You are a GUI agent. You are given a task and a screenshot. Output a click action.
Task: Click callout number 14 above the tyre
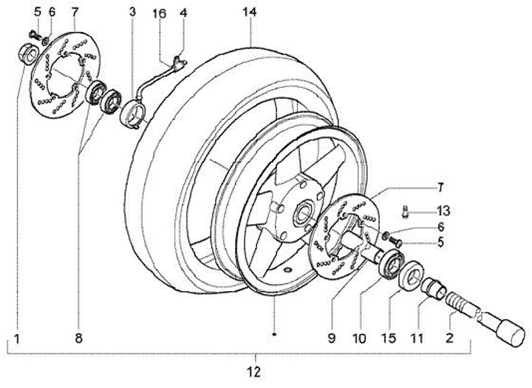pyautogui.click(x=250, y=13)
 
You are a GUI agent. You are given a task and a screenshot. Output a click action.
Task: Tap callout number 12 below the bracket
pyautogui.click(x=254, y=372)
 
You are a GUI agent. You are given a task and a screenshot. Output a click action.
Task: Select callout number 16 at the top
pyautogui.click(x=159, y=13)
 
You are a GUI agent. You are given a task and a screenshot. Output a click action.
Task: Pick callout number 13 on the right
pyautogui.click(x=443, y=211)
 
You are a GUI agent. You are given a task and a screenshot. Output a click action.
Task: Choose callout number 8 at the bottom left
pyautogui.click(x=78, y=338)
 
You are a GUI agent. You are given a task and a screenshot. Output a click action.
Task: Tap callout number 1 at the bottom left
pyautogui.click(x=16, y=338)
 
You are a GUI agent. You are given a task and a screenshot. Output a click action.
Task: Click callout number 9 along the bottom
pyautogui.click(x=332, y=338)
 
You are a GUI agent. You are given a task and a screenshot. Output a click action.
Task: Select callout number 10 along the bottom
pyautogui.click(x=359, y=338)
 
